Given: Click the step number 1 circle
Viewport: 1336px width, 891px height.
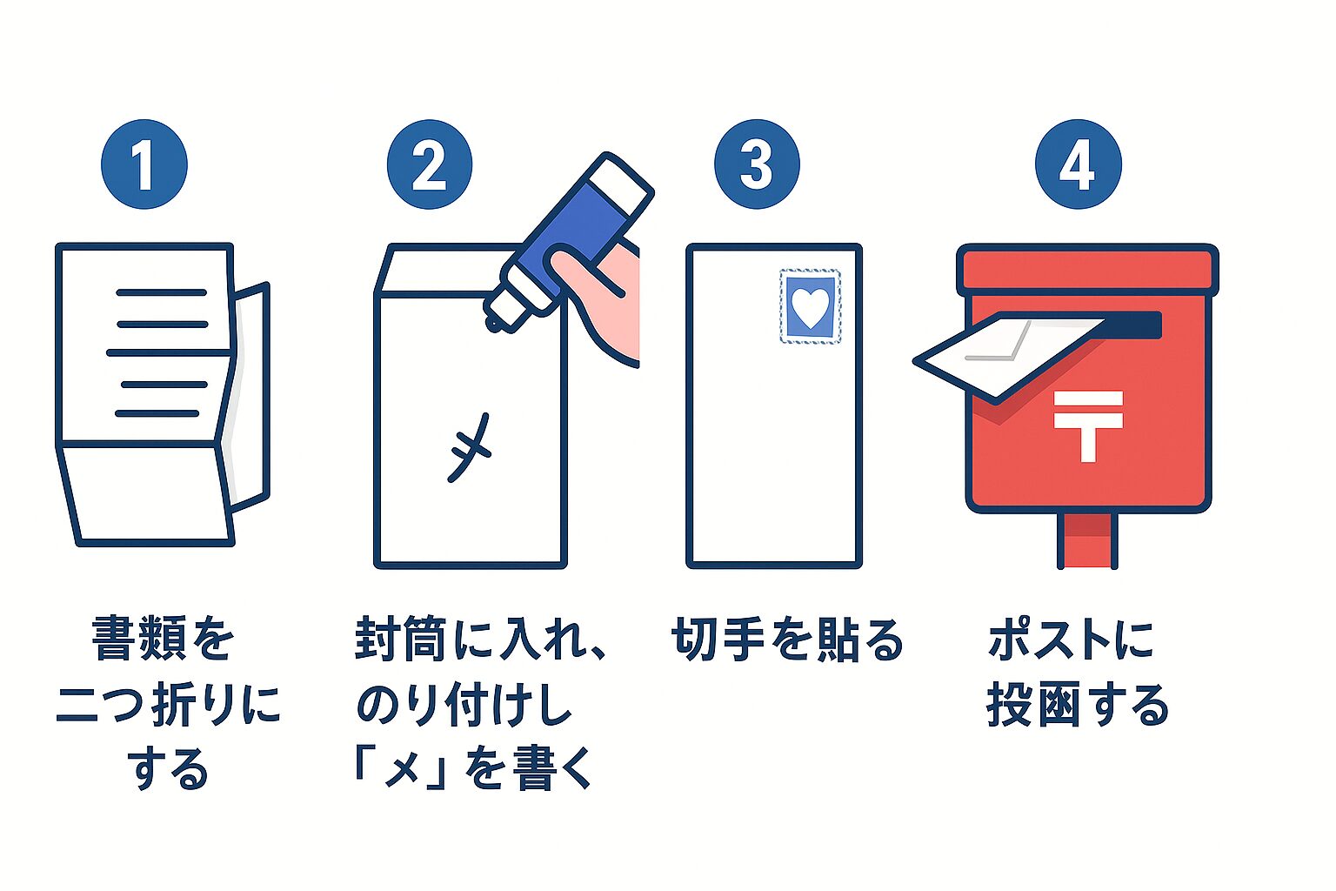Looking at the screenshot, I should [x=144, y=164].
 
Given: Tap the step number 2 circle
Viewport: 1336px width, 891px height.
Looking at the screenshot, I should [x=429, y=164].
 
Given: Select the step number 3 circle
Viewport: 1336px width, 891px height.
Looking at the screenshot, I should [x=756, y=164].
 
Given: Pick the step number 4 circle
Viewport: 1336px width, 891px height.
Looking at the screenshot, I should [x=1078, y=164].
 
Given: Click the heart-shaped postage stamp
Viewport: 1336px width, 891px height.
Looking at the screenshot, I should [x=811, y=306].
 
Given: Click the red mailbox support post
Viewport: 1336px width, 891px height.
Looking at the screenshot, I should [x=1087, y=539].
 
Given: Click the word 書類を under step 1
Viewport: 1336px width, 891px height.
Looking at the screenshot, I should [x=163, y=640].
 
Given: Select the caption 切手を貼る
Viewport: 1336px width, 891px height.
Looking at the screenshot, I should [x=787, y=640].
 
